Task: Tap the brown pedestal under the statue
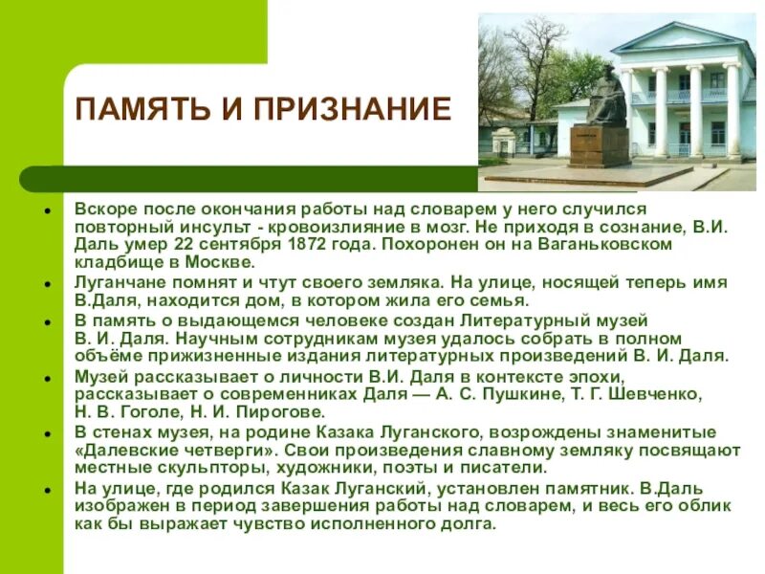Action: pos(599,145)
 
